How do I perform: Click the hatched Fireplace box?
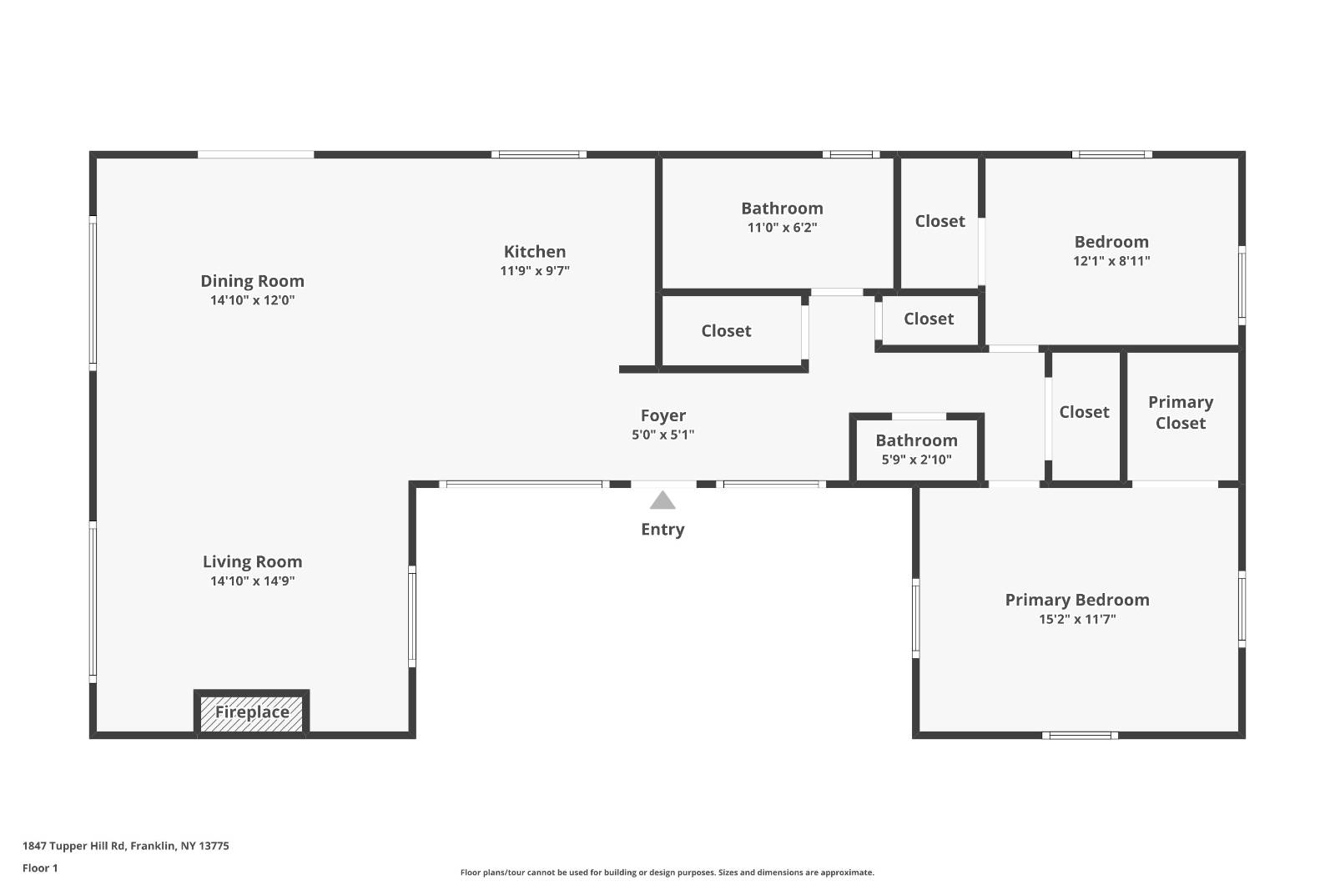coord(251,713)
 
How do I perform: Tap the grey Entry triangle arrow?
coord(662,500)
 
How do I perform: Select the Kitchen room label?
coord(535,251)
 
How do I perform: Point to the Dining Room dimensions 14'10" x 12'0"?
coord(252,300)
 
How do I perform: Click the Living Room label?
coord(252,561)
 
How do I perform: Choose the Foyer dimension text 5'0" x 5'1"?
coord(662,435)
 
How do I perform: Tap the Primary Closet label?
coord(1180,412)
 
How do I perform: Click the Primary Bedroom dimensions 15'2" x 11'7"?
coord(1077,619)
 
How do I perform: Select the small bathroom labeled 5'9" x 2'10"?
coord(916,449)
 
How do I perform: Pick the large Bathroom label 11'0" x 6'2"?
coord(782,209)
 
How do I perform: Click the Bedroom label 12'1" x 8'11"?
coord(1111,242)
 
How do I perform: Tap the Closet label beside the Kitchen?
coord(726,331)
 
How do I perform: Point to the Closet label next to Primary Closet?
coord(1084,412)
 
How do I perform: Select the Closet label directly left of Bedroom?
coord(940,221)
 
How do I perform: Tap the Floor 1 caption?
coord(40,868)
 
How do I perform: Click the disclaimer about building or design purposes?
coord(667,872)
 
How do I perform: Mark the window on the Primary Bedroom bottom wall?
coord(1080,735)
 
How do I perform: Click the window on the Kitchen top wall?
coord(538,154)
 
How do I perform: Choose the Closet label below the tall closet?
coord(928,319)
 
